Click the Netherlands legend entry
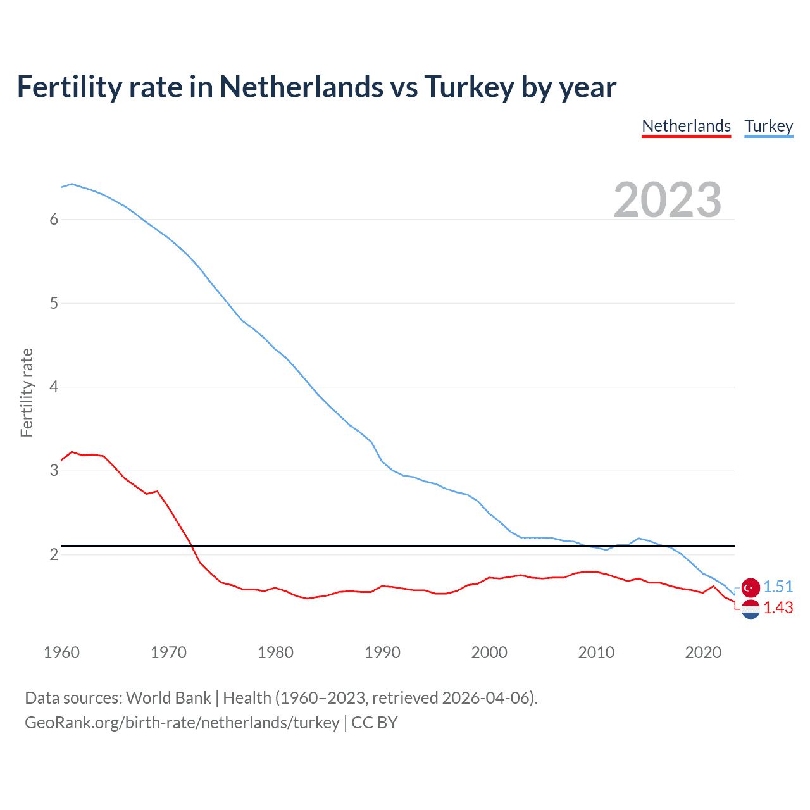[686, 127]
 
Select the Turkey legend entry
[768, 127]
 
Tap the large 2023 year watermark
[667, 200]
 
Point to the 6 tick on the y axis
[54, 220]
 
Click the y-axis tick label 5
[54, 303]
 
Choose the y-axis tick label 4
[54, 387]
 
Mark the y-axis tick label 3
[54, 471]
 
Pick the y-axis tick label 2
[54, 555]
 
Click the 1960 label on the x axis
[61, 652]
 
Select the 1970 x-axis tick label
[168, 652]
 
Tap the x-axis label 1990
[382, 652]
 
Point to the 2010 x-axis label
[596, 652]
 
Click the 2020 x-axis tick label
[703, 652]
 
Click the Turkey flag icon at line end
[751, 588]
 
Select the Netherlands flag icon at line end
[751, 609]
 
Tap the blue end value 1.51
[778, 587]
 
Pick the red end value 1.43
[778, 608]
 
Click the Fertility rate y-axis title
[27, 392]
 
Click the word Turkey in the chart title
[468, 87]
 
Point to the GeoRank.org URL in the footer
[182, 723]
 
